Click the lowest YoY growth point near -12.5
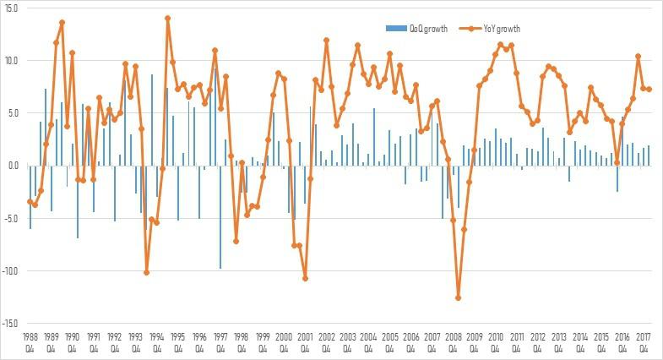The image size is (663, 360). (459, 297)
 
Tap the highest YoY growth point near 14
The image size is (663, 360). (167, 18)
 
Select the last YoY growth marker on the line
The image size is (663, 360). (649, 89)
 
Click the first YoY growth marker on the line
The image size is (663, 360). (30, 201)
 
